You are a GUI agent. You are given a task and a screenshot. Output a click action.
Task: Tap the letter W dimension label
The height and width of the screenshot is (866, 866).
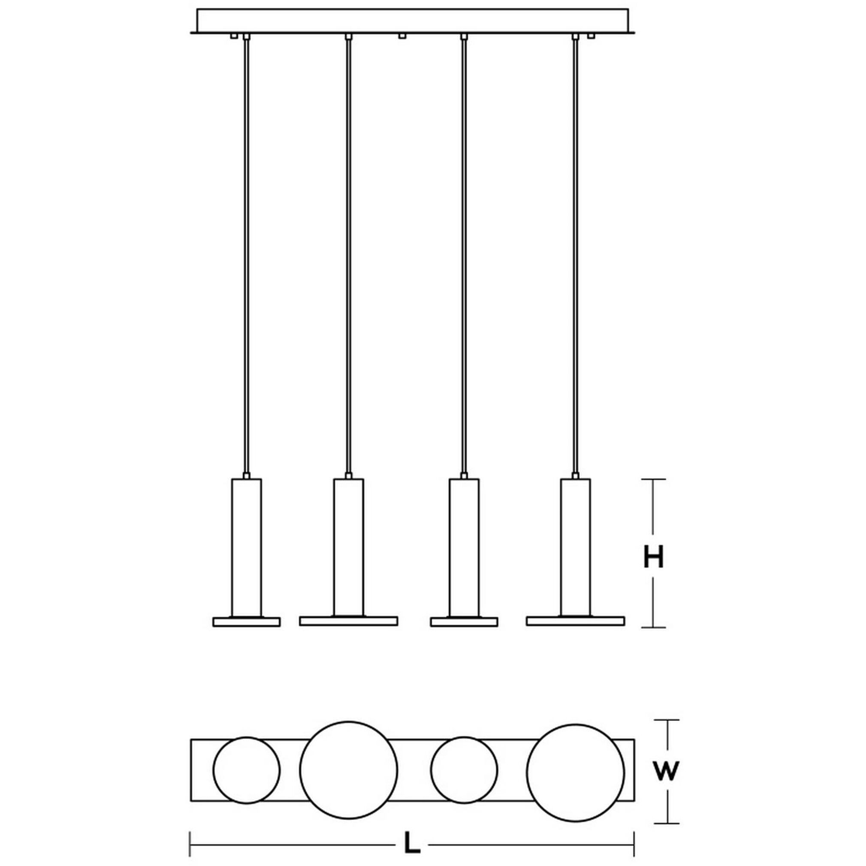click(x=666, y=770)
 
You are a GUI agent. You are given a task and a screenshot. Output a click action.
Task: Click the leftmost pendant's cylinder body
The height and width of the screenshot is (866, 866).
click(x=247, y=547)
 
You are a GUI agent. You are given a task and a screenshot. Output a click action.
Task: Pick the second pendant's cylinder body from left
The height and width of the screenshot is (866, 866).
click(x=348, y=547)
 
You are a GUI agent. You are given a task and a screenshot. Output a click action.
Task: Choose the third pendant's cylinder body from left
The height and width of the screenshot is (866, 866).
click(x=464, y=547)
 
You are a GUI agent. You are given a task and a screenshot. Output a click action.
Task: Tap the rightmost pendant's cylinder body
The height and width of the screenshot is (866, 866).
click(x=576, y=547)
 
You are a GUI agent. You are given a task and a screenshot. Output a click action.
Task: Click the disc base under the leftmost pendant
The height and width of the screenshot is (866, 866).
click(x=247, y=622)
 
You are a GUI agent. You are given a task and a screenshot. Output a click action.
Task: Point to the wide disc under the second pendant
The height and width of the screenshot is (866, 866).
click(x=348, y=621)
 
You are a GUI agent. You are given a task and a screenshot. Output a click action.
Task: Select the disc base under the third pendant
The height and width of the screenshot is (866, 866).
click(x=464, y=622)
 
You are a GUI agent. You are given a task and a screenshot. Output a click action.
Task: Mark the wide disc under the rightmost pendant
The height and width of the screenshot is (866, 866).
click(x=576, y=621)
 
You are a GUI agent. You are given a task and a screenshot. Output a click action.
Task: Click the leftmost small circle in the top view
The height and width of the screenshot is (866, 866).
click(x=247, y=770)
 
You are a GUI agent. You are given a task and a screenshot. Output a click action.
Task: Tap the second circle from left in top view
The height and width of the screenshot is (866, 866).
click(x=349, y=769)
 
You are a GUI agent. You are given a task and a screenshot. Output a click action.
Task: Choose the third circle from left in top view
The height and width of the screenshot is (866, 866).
click(x=464, y=770)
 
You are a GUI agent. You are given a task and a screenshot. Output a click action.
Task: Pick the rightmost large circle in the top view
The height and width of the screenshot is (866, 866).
click(x=576, y=769)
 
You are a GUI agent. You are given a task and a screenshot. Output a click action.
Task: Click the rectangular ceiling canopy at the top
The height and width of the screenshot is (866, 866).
click(x=412, y=21)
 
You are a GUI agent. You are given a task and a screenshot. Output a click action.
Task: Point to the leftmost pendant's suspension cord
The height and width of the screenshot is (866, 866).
click(x=246, y=256)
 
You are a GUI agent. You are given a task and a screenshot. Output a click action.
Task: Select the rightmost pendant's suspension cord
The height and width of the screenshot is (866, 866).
click(x=576, y=256)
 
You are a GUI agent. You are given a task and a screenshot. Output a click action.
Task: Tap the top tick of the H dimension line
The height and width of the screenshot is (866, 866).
click(x=653, y=479)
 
